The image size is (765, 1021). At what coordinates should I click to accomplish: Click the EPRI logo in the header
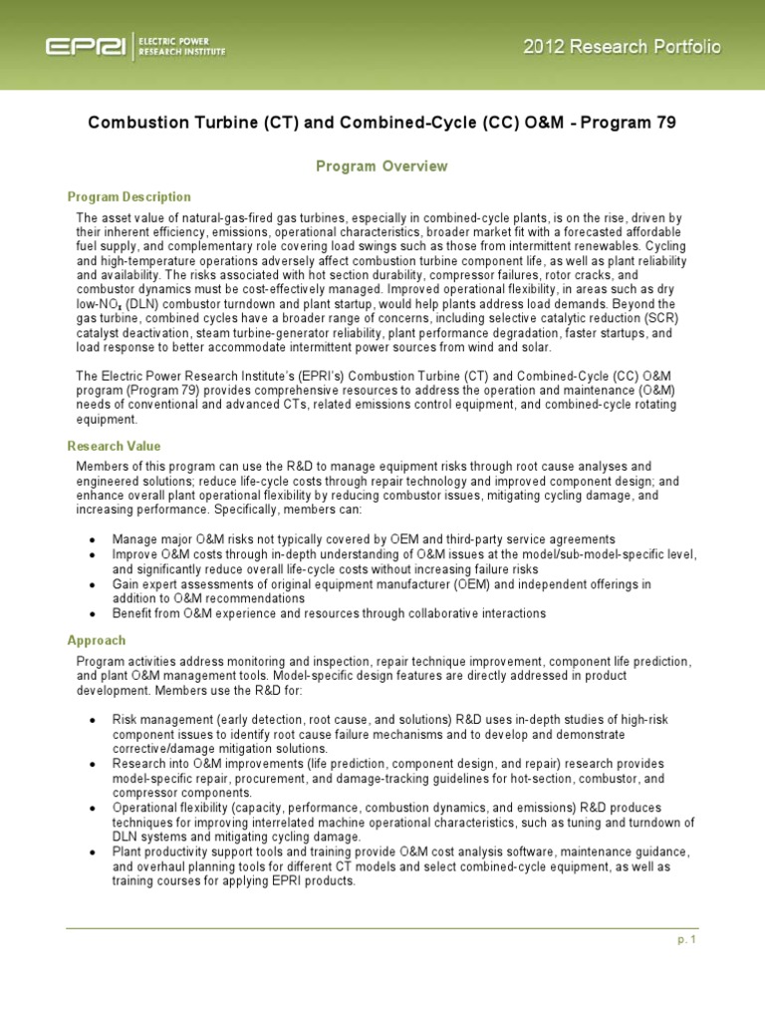tap(84, 47)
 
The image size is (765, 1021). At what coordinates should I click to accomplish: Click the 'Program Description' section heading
tap(129, 196)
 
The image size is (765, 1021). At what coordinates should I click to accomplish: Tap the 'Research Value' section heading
tap(114, 446)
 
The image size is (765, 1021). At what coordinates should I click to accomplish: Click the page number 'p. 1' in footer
tap(685, 940)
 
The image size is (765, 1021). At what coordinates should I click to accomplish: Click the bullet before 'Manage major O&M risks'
tap(93, 539)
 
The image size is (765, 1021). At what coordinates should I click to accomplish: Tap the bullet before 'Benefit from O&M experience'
tap(93, 614)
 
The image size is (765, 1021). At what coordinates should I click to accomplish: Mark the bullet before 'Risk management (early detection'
tap(93, 719)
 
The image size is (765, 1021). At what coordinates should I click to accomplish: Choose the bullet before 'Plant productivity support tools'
tap(93, 853)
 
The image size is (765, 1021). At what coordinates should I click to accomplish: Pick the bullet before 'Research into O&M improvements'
tap(93, 764)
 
